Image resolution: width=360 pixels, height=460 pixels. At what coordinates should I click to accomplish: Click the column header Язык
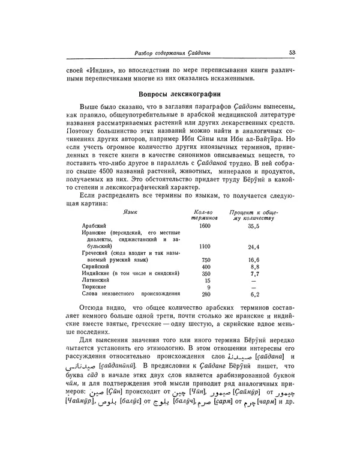point(129,213)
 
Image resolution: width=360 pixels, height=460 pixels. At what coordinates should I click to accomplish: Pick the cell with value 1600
point(205,225)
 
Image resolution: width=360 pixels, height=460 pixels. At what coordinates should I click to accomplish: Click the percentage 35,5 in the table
point(253,226)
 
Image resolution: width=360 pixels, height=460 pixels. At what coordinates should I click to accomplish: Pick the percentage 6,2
point(254,295)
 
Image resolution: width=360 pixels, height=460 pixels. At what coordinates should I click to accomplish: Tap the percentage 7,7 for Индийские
point(254,273)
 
